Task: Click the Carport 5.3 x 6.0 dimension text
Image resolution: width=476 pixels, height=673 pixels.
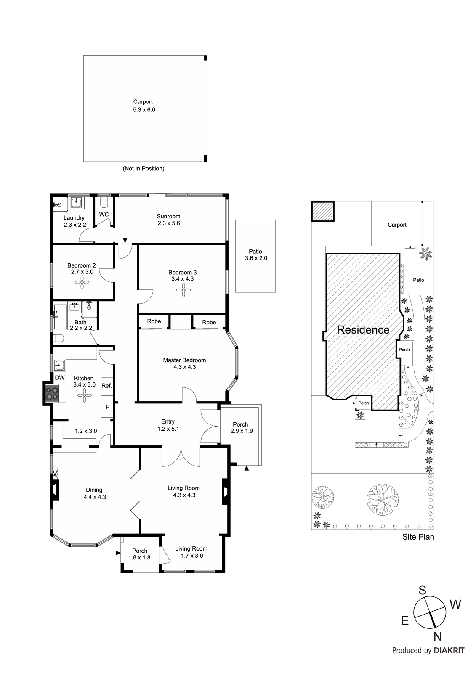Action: click(144, 110)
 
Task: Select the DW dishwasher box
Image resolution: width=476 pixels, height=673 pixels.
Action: click(60, 378)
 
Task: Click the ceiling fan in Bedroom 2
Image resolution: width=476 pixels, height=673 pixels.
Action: click(82, 282)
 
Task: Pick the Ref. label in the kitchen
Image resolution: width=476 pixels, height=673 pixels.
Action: click(106, 385)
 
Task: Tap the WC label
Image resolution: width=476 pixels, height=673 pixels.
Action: click(104, 214)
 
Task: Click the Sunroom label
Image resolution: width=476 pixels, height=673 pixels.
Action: click(168, 216)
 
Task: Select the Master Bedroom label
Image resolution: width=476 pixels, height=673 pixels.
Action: click(184, 360)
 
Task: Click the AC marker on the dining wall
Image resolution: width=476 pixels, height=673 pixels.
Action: click(55, 473)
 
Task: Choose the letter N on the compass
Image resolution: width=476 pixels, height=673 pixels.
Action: click(438, 636)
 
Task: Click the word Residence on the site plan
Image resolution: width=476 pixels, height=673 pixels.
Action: click(363, 330)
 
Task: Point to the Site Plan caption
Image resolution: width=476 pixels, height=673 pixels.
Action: click(418, 537)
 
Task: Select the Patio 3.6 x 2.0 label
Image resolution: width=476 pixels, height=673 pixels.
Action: click(255, 254)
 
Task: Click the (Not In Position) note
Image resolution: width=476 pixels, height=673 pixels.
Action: click(144, 169)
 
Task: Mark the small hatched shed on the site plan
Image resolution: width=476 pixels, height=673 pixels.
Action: click(323, 212)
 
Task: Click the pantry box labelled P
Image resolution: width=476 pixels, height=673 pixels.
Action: click(107, 406)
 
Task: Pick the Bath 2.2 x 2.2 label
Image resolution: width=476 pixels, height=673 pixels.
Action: click(81, 325)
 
